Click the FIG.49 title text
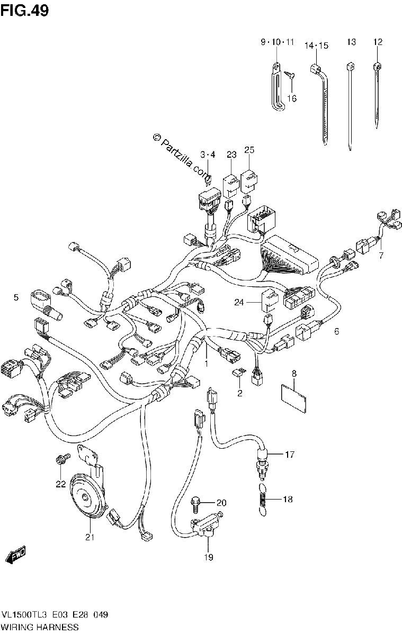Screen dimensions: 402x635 coord(24,11)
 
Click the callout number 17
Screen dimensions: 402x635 coord(289,455)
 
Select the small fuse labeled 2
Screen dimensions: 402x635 coord(238,374)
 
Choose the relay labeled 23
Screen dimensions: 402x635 coord(231,185)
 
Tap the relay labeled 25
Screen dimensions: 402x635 coord(249,180)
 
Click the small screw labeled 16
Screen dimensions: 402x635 coord(291,75)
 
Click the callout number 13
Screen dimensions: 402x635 coord(351,42)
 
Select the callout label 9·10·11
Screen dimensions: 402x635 coord(278,42)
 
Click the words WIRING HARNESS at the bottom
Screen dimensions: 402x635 coord(40,627)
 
